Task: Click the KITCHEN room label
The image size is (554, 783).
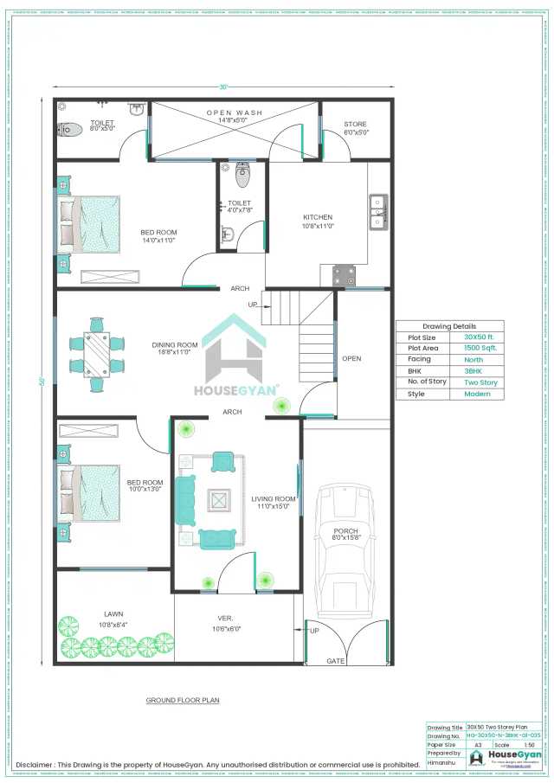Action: point(318,217)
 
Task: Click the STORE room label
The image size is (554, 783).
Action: point(356,125)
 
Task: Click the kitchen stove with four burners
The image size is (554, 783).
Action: point(344,275)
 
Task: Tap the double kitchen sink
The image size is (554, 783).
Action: point(377,212)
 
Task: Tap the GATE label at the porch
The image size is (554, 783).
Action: point(335,661)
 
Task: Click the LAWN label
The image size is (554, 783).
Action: point(113,615)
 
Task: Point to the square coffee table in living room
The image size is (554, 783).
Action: point(219,500)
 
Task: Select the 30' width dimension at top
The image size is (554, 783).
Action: point(223,87)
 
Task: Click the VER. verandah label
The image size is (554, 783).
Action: point(225,619)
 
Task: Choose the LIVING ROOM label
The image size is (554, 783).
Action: point(274,499)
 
